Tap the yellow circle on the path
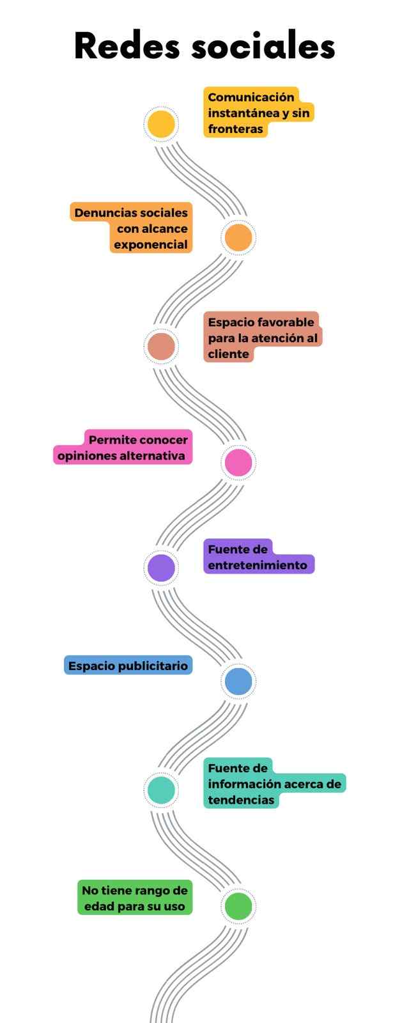(160, 124)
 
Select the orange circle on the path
(238, 237)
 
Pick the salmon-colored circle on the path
(160, 347)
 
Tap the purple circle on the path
(160, 568)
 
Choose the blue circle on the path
(238, 681)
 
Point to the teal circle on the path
(160, 790)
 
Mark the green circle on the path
(238, 905)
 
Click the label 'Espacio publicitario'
(128, 666)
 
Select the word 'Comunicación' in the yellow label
(251, 97)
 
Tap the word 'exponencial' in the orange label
(150, 245)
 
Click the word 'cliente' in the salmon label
(228, 354)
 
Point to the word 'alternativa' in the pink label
(153, 456)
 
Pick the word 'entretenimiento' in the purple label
(257, 565)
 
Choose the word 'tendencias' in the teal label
(240, 800)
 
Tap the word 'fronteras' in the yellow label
(235, 129)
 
